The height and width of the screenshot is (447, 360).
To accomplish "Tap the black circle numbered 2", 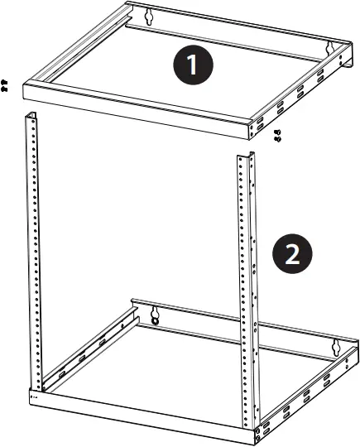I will coord(292,253).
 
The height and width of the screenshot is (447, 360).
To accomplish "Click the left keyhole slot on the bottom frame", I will coord(154,313).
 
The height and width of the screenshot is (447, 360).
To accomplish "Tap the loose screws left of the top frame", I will coord(5,84).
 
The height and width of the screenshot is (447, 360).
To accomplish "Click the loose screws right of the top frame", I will coord(276,136).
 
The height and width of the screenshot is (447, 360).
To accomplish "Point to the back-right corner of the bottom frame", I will coord(354,341).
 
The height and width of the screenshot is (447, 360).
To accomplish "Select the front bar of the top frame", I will coord(132,108).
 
